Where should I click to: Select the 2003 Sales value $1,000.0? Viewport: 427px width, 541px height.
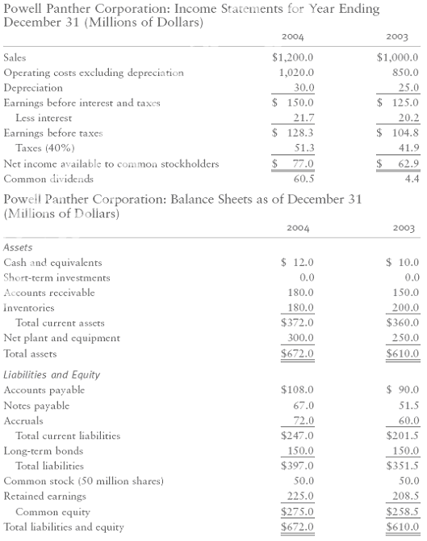[397, 58]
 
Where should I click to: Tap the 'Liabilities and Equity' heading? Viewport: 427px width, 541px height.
[52, 375]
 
